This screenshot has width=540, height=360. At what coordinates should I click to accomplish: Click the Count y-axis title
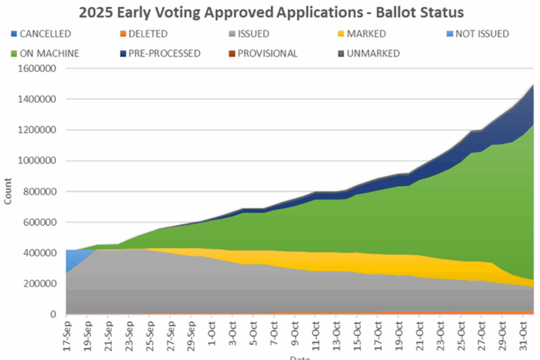point(8,191)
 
